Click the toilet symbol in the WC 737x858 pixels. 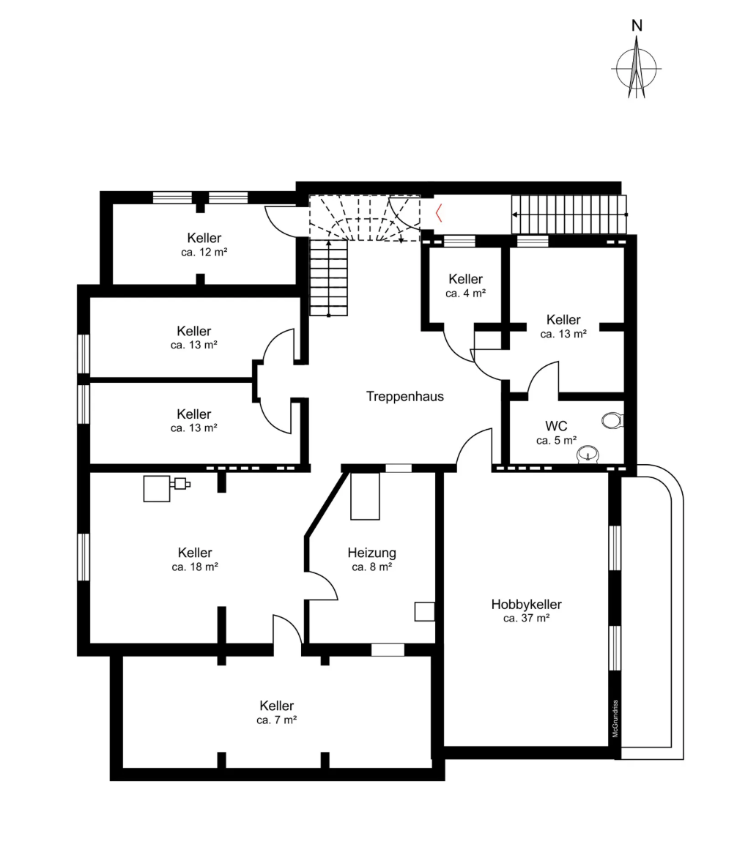pyautogui.click(x=612, y=421)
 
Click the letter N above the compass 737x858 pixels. pyautogui.click(x=636, y=26)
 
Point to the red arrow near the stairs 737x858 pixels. pyautogui.click(x=439, y=213)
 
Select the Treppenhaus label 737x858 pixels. pyautogui.click(x=404, y=396)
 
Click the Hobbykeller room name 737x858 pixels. pyautogui.click(x=526, y=604)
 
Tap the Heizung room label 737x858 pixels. pyautogui.click(x=371, y=553)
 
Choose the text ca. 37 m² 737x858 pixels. pyautogui.click(x=526, y=619)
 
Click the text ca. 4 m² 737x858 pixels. pyautogui.click(x=465, y=294)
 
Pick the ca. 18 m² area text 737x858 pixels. pyautogui.click(x=195, y=567)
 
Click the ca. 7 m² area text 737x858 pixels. pyautogui.click(x=276, y=720)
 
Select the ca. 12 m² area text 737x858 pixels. pyautogui.click(x=204, y=253)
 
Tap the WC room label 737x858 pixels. pyautogui.click(x=556, y=426)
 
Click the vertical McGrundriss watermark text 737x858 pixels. pyautogui.click(x=615, y=718)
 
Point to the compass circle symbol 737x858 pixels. pyautogui.click(x=636, y=69)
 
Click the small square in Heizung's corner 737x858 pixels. pyautogui.click(x=424, y=611)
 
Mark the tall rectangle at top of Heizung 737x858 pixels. pyautogui.click(x=366, y=496)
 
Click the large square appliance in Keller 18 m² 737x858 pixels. pyautogui.click(x=157, y=488)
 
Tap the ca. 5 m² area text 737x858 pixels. pyautogui.click(x=556, y=441)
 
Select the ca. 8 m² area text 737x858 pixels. pyautogui.click(x=371, y=567)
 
